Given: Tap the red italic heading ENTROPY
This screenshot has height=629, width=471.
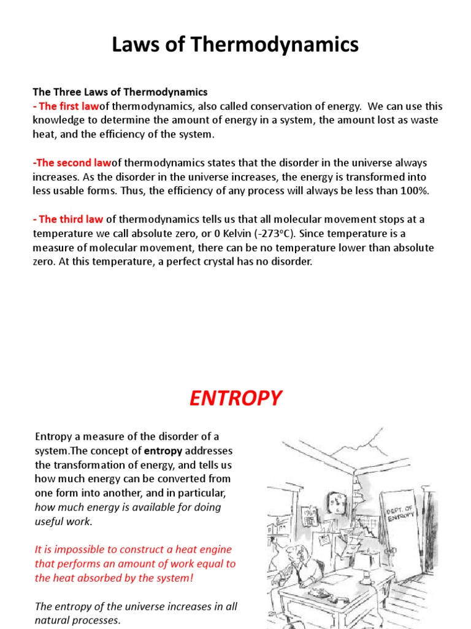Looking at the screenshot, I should [x=235, y=399].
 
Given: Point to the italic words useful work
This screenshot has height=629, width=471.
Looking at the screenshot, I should [x=63, y=522].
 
